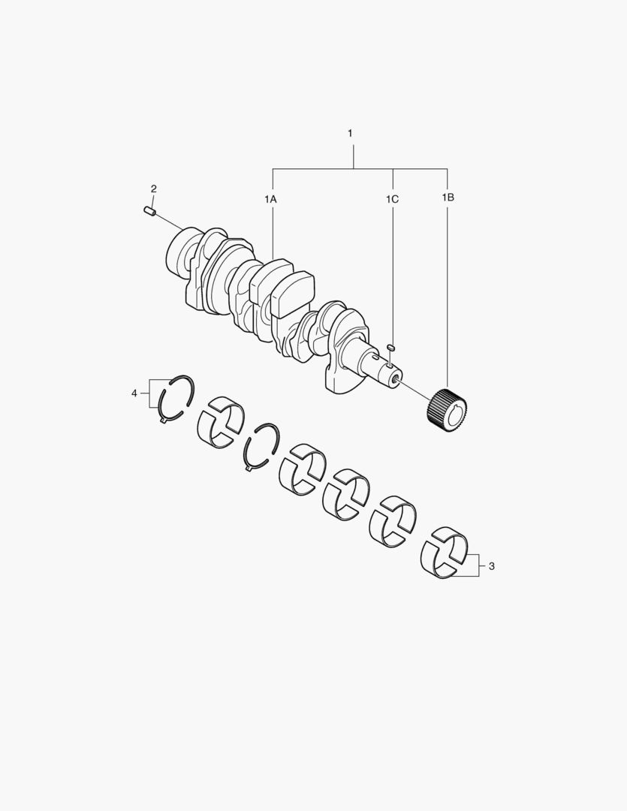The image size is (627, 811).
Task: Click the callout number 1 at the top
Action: click(350, 134)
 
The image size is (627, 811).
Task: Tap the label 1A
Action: click(270, 198)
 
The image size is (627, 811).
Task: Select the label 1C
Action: click(392, 198)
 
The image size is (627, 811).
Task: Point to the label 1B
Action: click(448, 197)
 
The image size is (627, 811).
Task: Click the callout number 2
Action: click(154, 188)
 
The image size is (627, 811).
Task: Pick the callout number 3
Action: click(491, 566)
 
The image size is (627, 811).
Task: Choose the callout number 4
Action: click(134, 393)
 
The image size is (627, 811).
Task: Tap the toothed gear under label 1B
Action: click(448, 410)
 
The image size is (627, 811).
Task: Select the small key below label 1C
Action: click(392, 346)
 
